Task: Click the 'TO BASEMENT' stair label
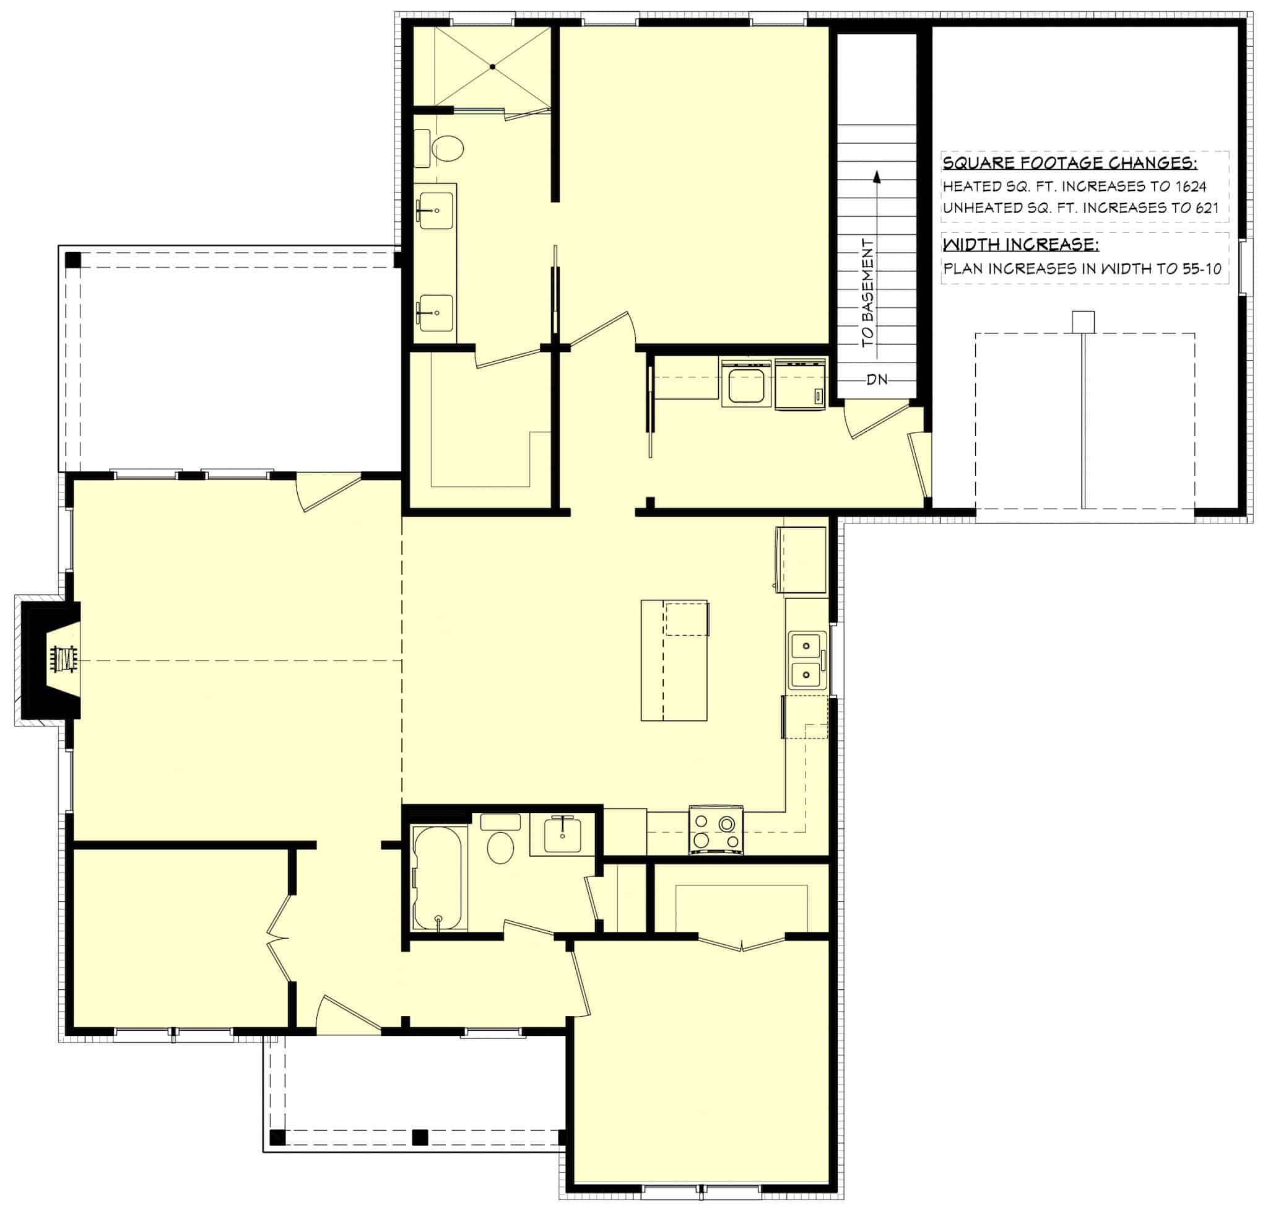(867, 292)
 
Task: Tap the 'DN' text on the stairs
(877, 380)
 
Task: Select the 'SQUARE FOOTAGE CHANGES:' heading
(1069, 162)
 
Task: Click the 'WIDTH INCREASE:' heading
(1020, 245)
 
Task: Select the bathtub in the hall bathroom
(438, 880)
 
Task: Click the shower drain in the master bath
(492, 67)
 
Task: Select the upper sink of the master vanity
(436, 211)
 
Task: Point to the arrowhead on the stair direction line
(877, 176)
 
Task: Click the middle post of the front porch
(420, 1136)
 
